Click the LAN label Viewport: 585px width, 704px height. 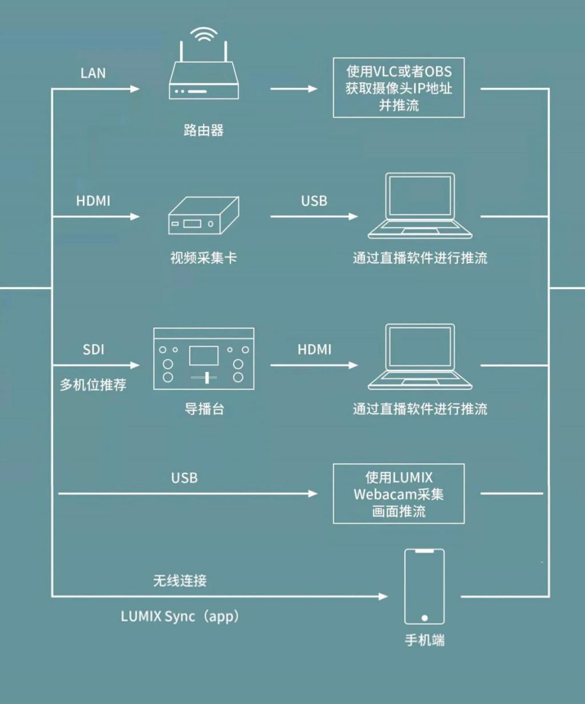(x=93, y=73)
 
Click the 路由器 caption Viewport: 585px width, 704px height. (x=203, y=130)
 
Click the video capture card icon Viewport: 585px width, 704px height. (x=203, y=215)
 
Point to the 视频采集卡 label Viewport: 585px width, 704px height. (x=203, y=258)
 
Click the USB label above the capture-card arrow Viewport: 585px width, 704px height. (x=314, y=201)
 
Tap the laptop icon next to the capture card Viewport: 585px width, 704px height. (x=420, y=206)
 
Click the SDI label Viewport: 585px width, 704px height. (x=93, y=350)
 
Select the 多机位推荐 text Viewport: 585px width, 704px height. (x=93, y=385)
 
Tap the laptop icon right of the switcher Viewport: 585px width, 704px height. (x=420, y=357)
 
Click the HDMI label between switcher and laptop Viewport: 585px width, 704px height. (x=314, y=350)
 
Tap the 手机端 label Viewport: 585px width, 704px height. (x=425, y=640)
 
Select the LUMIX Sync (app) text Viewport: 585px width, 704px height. (x=181, y=617)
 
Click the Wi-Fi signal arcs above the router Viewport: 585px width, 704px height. (x=203, y=30)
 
